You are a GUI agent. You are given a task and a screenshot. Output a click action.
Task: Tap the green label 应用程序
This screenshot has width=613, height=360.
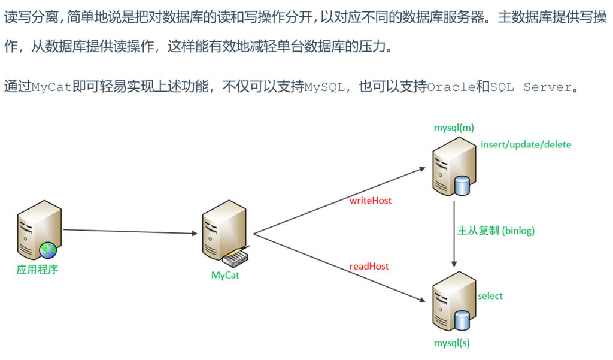click(x=37, y=269)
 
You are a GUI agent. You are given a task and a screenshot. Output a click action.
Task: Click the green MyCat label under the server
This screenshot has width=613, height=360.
click(x=225, y=276)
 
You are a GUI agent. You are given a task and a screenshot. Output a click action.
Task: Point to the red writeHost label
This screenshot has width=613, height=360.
click(x=371, y=201)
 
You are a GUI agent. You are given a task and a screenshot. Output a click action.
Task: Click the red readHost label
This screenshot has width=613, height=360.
click(x=369, y=266)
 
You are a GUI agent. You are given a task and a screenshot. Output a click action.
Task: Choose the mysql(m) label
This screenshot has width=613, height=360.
click(x=454, y=128)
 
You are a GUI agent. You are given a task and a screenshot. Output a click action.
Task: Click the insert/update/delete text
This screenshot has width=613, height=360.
click(x=526, y=144)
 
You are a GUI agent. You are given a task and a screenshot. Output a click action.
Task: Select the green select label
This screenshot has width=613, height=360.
click(x=490, y=296)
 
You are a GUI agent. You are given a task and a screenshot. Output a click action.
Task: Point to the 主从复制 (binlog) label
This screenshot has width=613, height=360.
click(x=496, y=231)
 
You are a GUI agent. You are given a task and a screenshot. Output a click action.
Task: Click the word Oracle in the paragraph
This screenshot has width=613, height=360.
click(x=451, y=87)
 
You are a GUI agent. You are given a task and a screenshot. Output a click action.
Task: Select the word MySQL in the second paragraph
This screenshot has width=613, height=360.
click(x=324, y=87)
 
